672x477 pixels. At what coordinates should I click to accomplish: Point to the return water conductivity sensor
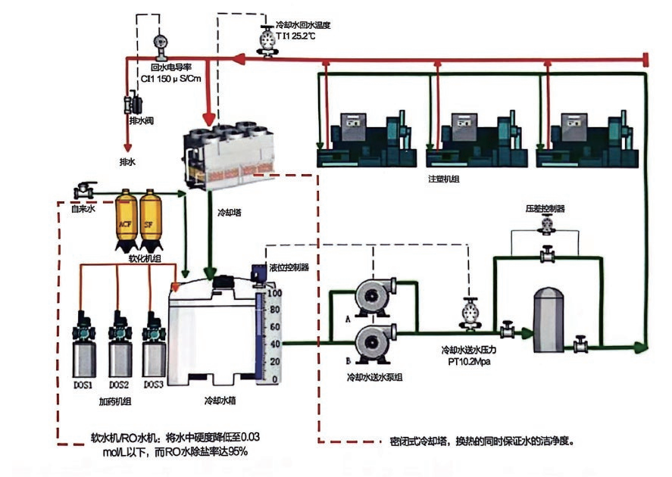pyautogui.click(x=160, y=45)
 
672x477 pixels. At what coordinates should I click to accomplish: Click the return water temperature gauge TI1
pyautogui.click(x=267, y=39)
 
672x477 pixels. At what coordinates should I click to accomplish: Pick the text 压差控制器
pyautogui.click(x=545, y=207)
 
